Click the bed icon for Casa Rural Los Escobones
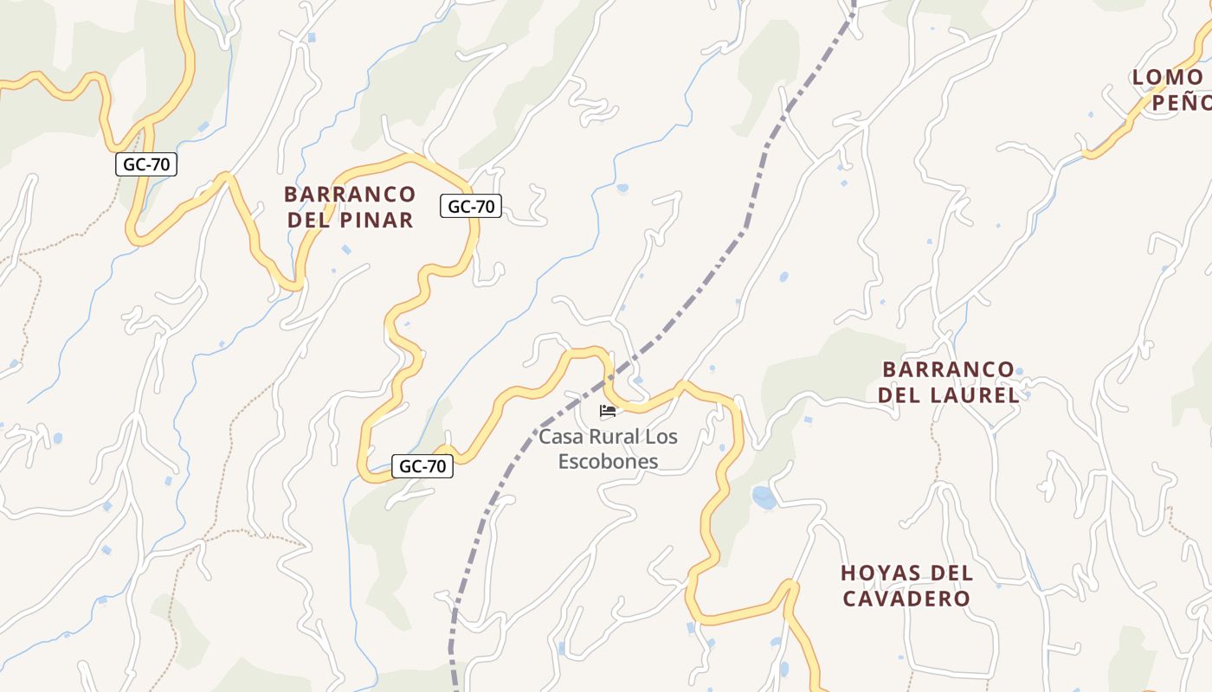click(x=608, y=411)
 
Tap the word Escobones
click(x=608, y=462)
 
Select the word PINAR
click(x=375, y=221)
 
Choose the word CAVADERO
click(x=907, y=599)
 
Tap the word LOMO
click(x=1167, y=77)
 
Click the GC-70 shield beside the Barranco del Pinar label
click(x=471, y=206)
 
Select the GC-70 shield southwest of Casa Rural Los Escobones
click(x=422, y=466)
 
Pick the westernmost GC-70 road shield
click(x=146, y=164)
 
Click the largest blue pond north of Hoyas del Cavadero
click(x=764, y=497)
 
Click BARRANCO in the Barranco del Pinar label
click(x=350, y=194)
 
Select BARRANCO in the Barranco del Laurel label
click(x=948, y=369)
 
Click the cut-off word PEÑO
click(x=1181, y=103)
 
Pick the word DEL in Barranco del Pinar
click(x=307, y=221)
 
